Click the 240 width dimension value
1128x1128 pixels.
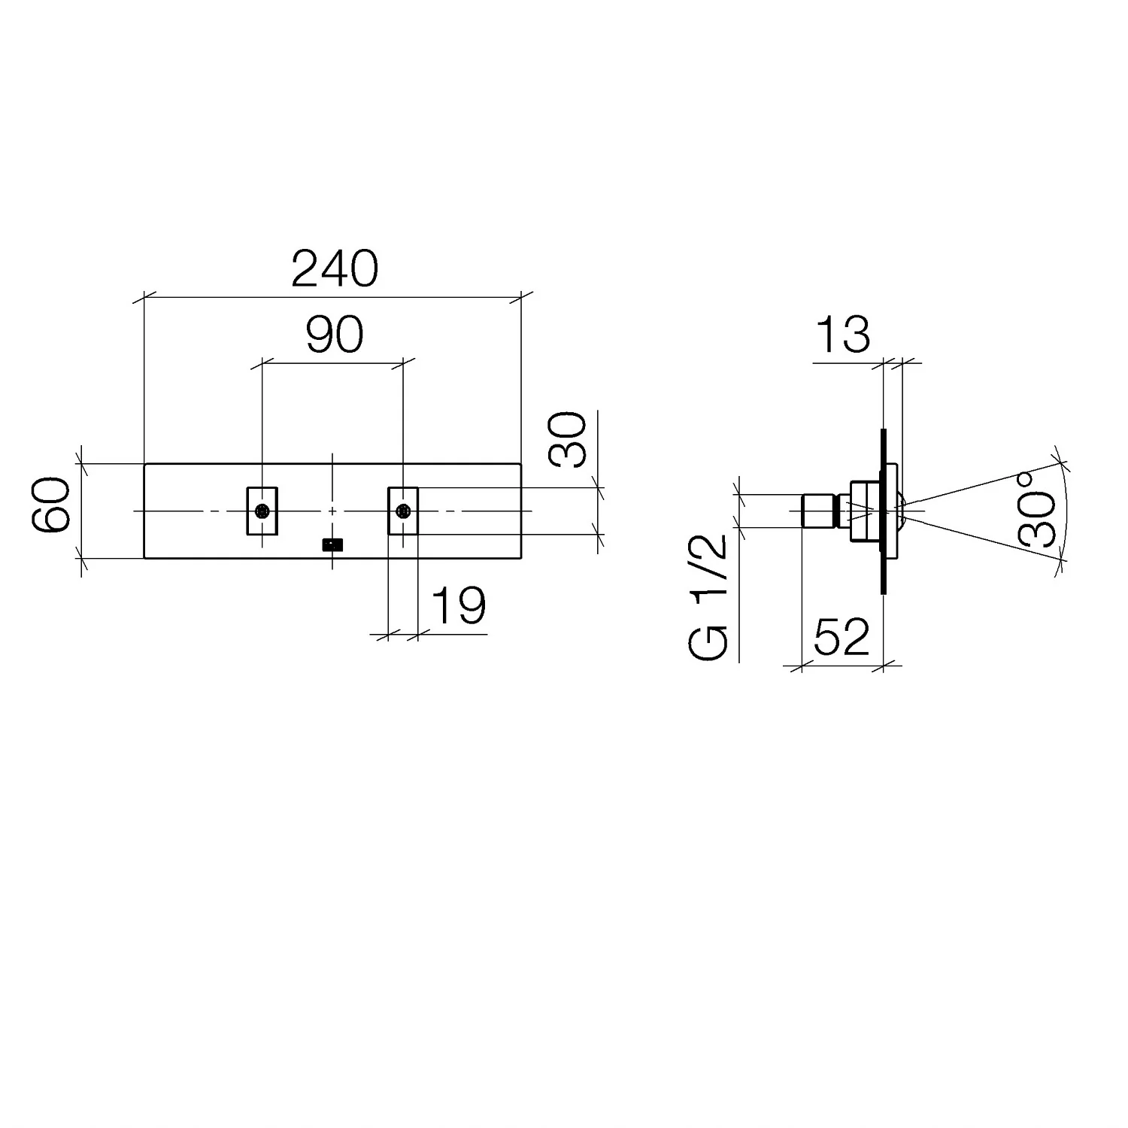pos(335,270)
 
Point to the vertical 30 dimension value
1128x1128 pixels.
pos(568,440)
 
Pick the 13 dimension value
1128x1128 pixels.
pos(842,335)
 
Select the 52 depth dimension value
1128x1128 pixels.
pos(841,638)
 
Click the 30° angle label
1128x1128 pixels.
pos(1038,509)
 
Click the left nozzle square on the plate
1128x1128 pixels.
pos(262,511)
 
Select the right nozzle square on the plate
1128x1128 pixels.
pos(403,511)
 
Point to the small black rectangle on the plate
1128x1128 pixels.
pos(332,544)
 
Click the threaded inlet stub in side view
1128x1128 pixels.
pos(819,511)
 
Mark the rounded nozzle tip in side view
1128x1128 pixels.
pos(900,511)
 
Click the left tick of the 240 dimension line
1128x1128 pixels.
pos(144,297)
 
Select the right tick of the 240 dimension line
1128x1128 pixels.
pos(520,297)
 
